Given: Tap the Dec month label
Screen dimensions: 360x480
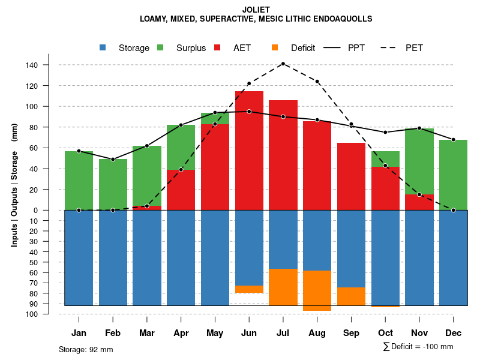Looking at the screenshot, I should click(454, 333).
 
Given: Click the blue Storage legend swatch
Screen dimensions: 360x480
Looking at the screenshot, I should click(103, 47).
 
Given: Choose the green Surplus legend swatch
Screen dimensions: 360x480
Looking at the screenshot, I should click(160, 47).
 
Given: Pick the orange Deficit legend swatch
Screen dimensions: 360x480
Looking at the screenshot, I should click(275, 47).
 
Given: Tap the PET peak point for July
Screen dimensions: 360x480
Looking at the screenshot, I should click(283, 64).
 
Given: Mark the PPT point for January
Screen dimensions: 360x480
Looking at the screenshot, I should click(79, 151).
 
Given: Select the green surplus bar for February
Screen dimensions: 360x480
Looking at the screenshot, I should click(113, 184).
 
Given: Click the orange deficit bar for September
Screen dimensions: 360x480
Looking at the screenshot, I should click(351, 296).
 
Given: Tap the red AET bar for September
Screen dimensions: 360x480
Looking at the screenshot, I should click(351, 176).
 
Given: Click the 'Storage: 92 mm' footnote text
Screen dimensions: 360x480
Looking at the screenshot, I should click(86, 349).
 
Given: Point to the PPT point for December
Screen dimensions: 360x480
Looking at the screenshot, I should click(454, 139).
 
